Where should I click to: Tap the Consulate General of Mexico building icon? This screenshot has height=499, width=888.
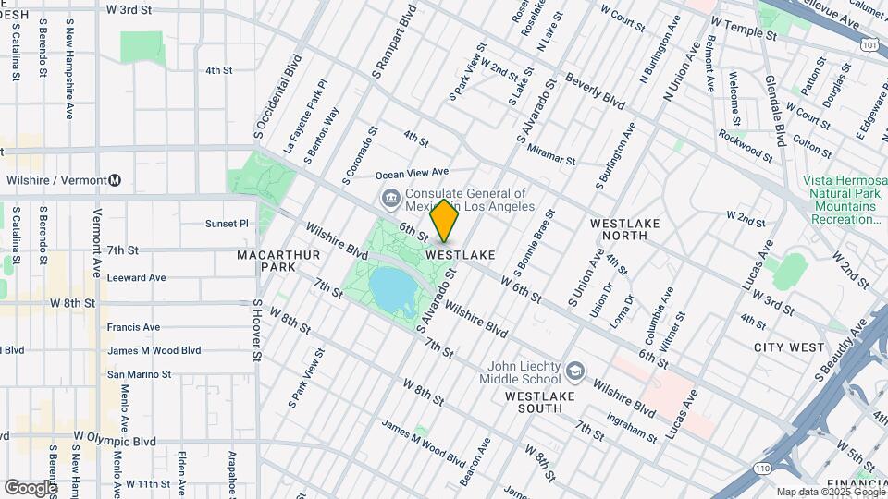(390, 197)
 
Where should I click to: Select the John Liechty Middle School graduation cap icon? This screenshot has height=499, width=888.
(575, 371)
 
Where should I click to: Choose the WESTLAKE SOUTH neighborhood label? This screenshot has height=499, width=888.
(547, 402)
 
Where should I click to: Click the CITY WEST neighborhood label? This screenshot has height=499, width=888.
(788, 347)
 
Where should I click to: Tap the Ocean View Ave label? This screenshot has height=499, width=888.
(412, 172)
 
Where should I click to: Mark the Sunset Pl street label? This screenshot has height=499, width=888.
(227, 224)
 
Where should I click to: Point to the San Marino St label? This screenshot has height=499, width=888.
(139, 374)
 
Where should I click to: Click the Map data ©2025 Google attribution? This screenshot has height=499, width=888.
(830, 492)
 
